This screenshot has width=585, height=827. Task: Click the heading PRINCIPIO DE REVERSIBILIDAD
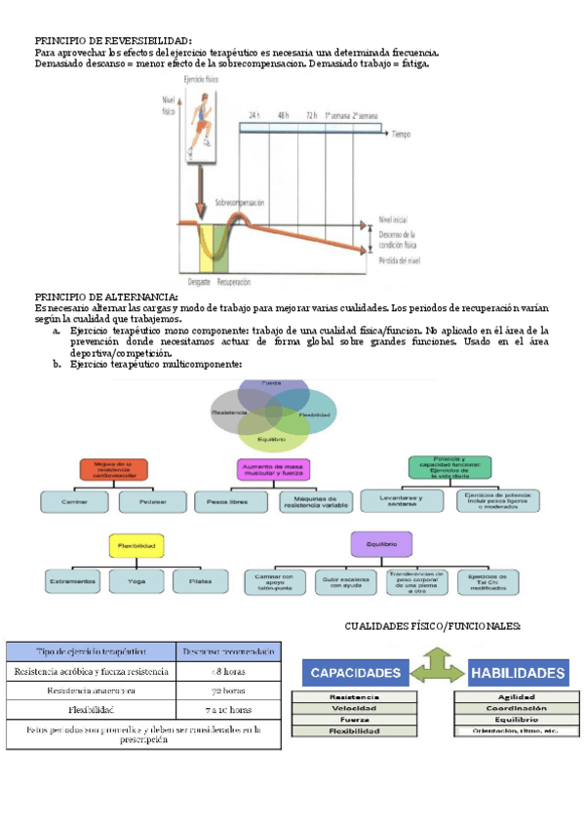(113, 40)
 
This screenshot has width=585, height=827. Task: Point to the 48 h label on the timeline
(283, 115)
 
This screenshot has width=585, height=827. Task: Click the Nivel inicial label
(395, 220)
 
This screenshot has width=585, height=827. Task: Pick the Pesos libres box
(231, 502)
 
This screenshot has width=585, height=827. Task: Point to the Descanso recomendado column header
(228, 650)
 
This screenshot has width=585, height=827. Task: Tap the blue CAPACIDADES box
(355, 674)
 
